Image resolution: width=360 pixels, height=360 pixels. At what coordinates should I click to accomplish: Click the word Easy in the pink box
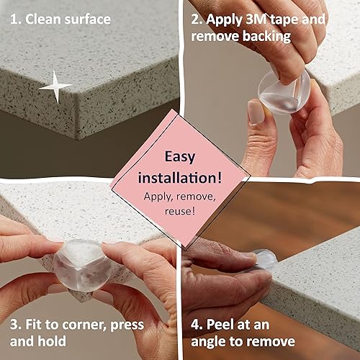(180, 156)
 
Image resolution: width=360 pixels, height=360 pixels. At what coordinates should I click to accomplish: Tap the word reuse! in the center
(180, 212)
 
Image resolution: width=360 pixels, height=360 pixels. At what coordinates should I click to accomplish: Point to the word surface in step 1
(85, 19)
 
